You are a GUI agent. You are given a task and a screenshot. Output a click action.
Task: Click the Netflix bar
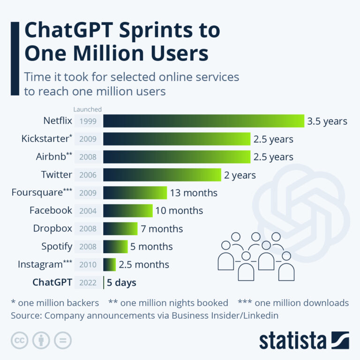click(203, 121)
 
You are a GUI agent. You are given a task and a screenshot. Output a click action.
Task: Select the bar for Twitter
click(162, 175)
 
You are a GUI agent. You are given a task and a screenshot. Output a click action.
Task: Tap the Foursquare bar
click(135, 193)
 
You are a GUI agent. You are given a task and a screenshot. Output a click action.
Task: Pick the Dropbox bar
click(120, 229)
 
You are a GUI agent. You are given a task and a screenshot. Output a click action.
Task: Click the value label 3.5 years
click(327, 121)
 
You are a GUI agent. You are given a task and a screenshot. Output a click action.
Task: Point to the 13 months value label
click(194, 193)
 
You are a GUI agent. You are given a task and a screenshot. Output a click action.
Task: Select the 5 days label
click(121, 283)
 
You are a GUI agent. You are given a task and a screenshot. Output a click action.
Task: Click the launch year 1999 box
click(88, 121)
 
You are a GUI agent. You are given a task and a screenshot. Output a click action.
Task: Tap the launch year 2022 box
click(88, 283)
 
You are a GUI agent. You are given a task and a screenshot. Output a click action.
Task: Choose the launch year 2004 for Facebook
click(88, 210)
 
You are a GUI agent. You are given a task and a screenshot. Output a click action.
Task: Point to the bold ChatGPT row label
click(52, 282)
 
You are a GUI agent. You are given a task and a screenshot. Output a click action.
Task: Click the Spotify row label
click(56, 247)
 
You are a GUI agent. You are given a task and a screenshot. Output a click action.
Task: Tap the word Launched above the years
click(88, 110)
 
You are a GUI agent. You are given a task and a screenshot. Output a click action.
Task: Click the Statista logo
click(304, 340)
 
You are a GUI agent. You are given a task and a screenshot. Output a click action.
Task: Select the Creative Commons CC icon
click(19, 341)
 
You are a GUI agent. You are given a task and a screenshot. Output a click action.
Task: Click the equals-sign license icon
click(62, 341)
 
